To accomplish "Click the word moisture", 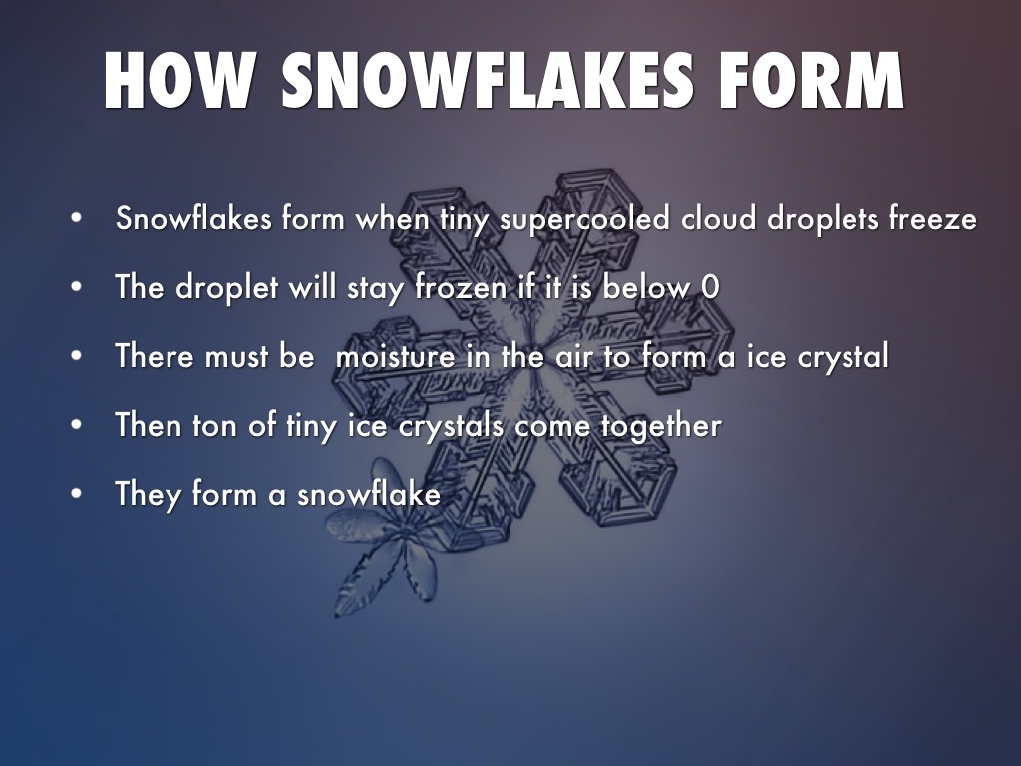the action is coord(395,356).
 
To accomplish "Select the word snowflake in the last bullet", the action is coord(369,493).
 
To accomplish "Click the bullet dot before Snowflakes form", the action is coord(76,218).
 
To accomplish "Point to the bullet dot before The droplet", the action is coord(76,287).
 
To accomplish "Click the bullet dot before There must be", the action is coord(76,356).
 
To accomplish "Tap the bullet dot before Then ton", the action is coord(76,425).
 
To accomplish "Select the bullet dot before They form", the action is coord(76,494).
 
